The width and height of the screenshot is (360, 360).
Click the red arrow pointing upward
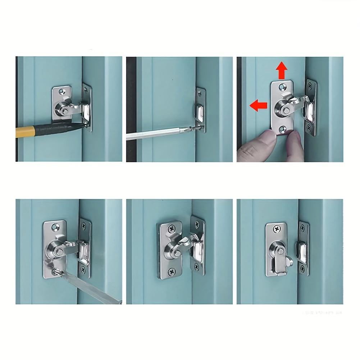(282, 70)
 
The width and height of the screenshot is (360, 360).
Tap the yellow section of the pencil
(25, 132)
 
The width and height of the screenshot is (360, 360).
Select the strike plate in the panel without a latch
(200, 110)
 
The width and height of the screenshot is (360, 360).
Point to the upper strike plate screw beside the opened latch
(302, 228)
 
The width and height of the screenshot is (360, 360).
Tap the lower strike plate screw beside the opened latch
(302, 269)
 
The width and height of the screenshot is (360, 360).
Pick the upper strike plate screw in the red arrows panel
(310, 86)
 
